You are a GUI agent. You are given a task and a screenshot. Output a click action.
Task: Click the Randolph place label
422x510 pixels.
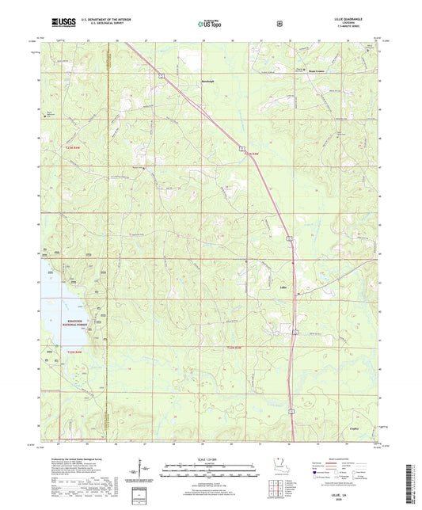[206, 79]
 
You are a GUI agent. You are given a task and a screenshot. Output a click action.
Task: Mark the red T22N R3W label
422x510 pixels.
[235, 348]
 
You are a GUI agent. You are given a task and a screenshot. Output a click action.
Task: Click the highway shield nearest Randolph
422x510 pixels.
[162, 74]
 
